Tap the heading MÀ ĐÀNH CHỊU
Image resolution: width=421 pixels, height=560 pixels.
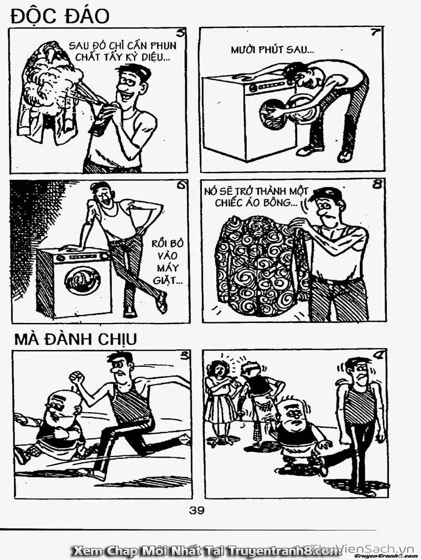tap(75, 339)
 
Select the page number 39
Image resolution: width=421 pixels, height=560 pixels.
tap(196, 510)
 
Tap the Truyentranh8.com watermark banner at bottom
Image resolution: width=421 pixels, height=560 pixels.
tap(206, 550)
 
